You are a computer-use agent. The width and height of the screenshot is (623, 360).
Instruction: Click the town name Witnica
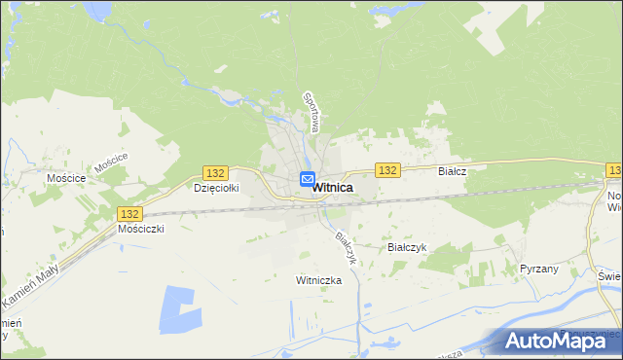(x=332, y=189)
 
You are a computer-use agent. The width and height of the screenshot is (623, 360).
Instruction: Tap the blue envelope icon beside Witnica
(x=307, y=179)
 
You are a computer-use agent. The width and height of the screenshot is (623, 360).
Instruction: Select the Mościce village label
(x=66, y=179)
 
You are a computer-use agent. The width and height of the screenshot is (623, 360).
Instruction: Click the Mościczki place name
(x=141, y=229)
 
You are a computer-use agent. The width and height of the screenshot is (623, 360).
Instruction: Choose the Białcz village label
(x=453, y=171)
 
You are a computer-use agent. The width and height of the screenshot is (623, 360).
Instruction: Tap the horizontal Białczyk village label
(x=408, y=248)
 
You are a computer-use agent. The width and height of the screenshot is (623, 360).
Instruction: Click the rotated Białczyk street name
(x=344, y=249)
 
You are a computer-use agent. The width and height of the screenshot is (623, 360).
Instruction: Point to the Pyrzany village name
(x=539, y=269)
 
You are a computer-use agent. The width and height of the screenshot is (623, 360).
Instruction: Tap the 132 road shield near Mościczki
(x=129, y=213)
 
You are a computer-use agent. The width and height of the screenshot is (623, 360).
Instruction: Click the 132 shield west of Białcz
(x=387, y=170)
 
